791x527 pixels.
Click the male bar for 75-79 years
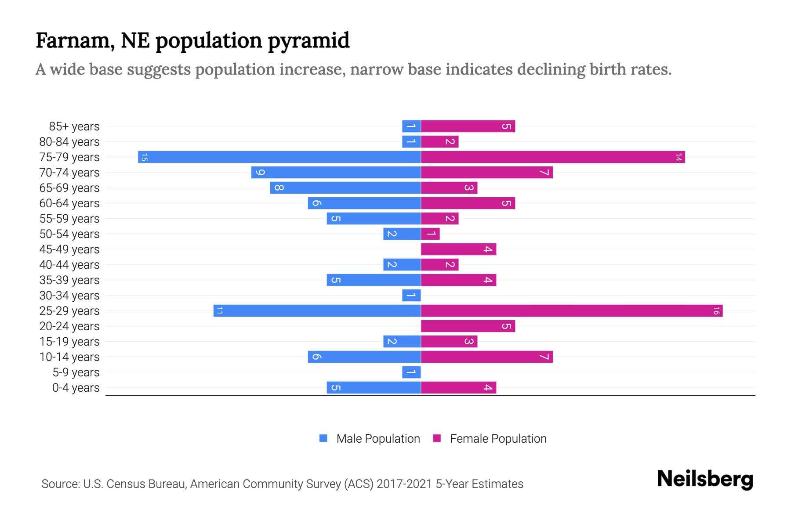(279, 157)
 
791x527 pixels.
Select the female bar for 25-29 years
(571, 311)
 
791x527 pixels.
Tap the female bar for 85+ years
(468, 126)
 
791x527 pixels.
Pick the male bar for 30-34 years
(411, 296)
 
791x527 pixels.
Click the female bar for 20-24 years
(468, 326)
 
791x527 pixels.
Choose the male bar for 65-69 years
(345, 188)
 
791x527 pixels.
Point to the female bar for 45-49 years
(458, 249)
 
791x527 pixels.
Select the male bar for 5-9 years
(411, 372)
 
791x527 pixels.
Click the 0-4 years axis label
(76, 388)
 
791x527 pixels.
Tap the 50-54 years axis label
(69, 234)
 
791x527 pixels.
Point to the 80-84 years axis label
(69, 142)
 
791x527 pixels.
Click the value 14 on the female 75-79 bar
(679, 157)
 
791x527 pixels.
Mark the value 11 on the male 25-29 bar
(220, 311)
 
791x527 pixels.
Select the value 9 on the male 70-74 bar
(260, 173)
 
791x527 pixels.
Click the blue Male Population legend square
(323, 438)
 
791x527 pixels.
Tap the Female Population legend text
(498, 439)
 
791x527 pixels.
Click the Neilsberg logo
(705, 479)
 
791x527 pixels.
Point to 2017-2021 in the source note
(404, 484)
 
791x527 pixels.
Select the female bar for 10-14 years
(486, 357)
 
